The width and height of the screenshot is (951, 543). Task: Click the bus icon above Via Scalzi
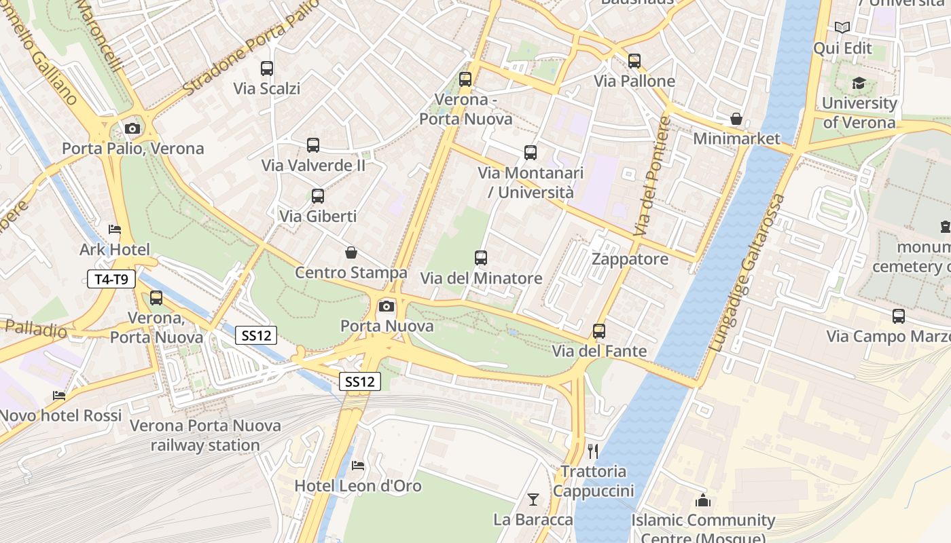coord(267,69)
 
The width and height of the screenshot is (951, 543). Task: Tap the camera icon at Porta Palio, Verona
coord(132,128)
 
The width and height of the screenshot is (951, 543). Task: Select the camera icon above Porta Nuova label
coord(387,306)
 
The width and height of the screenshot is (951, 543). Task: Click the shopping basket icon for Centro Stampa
coord(351,252)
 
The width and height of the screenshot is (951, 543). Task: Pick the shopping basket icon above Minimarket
coord(736,119)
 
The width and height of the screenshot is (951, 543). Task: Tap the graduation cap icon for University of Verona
coord(859,83)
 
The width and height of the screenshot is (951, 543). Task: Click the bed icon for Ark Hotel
coord(114,229)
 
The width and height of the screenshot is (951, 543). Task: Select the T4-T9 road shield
coord(111,278)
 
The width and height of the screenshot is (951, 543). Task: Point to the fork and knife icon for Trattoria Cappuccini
coord(593,451)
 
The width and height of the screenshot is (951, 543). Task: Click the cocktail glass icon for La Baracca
coord(533,500)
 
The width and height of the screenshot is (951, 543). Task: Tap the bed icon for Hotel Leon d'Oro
coord(358,466)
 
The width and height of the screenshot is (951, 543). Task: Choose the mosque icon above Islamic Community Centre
coord(703,501)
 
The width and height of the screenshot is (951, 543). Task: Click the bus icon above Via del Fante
coord(598,331)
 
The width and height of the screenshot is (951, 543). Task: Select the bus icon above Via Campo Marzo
coord(898,316)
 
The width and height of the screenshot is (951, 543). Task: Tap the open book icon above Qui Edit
coord(842,28)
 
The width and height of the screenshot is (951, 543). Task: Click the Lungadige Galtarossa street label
coord(747,273)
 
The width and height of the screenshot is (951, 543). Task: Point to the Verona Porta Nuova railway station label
coord(205,435)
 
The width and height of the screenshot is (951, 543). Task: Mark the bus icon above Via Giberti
coord(317,196)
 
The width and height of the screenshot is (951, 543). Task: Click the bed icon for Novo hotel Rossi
coord(60,396)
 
